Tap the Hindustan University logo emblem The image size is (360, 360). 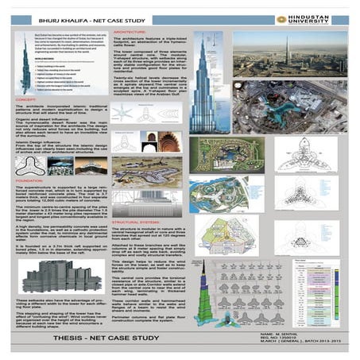coord(281,18)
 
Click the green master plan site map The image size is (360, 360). coord(226,155)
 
